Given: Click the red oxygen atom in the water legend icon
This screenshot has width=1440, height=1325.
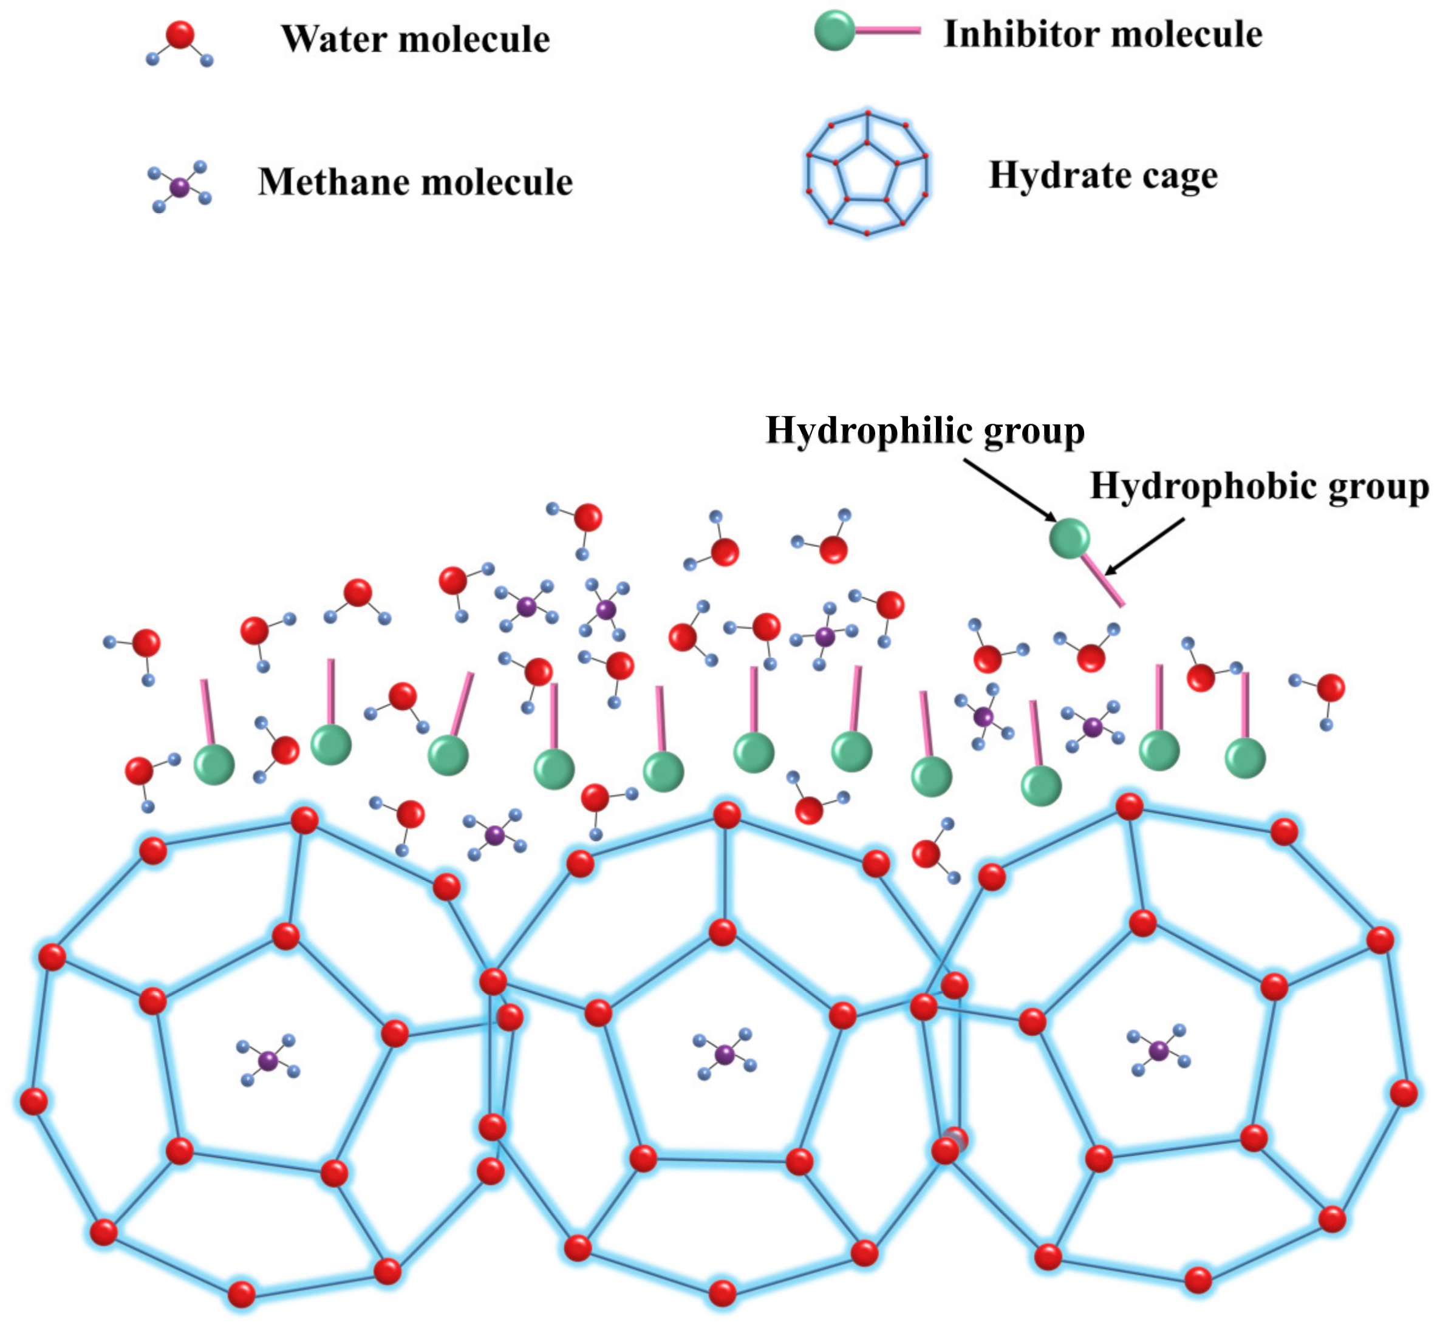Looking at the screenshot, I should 179,35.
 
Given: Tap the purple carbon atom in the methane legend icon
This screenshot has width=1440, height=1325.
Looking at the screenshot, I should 179,188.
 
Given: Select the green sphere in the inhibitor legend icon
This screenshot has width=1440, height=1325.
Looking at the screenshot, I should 834,31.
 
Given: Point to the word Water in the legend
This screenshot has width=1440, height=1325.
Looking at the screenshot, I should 334,39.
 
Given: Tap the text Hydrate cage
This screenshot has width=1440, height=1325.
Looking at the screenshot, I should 1103,175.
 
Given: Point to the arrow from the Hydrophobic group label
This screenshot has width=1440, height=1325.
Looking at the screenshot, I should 1145,547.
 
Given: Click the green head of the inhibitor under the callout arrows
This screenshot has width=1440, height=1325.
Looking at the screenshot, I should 1070,538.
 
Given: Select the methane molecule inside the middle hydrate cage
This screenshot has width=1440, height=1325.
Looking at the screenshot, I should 725,1055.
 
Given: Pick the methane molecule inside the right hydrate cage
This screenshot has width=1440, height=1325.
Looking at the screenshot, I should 1159,1051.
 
